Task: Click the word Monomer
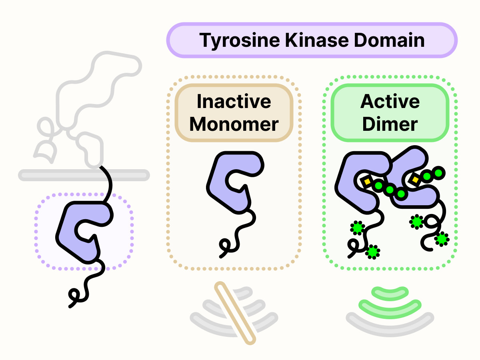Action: pyautogui.click(x=234, y=124)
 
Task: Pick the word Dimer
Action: pyautogui.click(x=390, y=124)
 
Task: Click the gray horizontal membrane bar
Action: pyautogui.click(x=48, y=175)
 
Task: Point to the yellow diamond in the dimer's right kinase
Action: pyautogui.click(x=415, y=180)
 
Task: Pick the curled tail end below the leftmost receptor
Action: pyautogui.click(x=74, y=296)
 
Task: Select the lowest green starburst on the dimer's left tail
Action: pyautogui.click(x=373, y=252)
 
